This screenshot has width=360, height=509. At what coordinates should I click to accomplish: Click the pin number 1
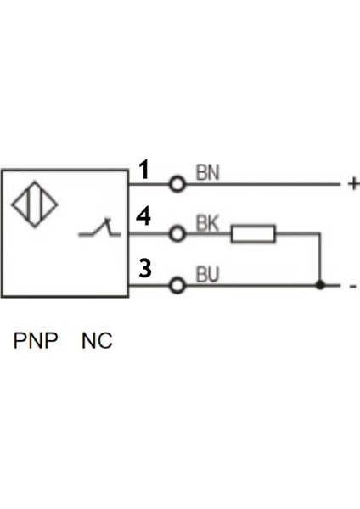tap(144, 171)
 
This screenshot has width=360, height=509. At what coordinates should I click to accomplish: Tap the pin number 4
tap(143, 217)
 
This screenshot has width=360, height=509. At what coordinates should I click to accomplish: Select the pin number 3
tap(145, 269)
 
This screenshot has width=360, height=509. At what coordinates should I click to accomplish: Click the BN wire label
tap(207, 173)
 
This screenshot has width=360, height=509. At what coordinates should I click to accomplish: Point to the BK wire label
tap(207, 224)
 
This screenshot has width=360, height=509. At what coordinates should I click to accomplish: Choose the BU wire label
tap(208, 275)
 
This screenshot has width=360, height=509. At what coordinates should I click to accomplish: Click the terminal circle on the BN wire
tap(177, 183)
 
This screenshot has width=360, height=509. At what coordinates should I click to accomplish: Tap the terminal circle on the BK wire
tap(177, 233)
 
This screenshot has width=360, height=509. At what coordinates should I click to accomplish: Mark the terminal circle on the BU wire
tap(177, 285)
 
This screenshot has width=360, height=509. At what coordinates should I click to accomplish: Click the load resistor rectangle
tap(252, 233)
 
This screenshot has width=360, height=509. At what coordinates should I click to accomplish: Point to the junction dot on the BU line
tap(319, 285)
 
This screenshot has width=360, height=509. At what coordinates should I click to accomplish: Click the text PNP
tap(36, 342)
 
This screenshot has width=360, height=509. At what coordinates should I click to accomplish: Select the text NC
tap(97, 342)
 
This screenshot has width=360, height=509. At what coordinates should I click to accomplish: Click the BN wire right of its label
tap(280, 183)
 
